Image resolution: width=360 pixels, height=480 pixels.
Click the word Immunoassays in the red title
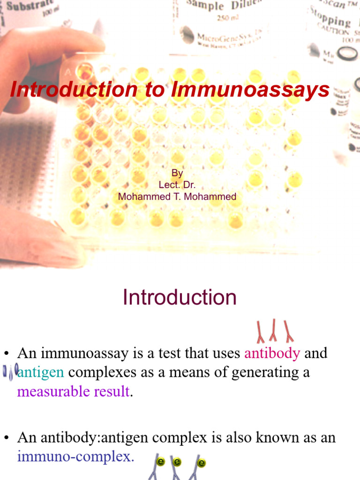pos(250,90)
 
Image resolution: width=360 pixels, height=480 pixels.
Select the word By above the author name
pos(177,173)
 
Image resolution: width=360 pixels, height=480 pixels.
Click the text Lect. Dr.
pos(177,185)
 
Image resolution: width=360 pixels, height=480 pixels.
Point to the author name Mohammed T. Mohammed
pos(177,197)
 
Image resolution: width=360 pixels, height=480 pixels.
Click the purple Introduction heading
pos(180,298)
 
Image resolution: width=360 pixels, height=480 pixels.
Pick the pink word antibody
pos(272,353)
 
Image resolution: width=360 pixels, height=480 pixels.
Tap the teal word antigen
pos(41,372)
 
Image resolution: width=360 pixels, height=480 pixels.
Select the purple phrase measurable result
pos(73,391)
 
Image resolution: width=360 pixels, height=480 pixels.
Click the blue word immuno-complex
pos(75,457)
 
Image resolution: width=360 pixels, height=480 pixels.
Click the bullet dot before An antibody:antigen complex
pos(7,438)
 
